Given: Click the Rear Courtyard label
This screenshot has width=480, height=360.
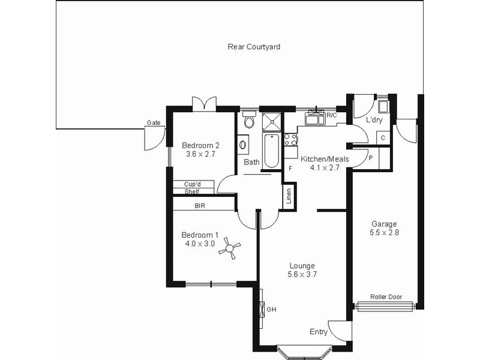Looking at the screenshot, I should pyautogui.click(x=254, y=46).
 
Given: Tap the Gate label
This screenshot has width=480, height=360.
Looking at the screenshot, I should pyautogui.click(x=153, y=123).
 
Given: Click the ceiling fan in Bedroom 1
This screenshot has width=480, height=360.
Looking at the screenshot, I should pyautogui.click(x=229, y=249).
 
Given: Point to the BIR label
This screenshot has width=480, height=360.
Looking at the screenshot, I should pyautogui.click(x=200, y=205).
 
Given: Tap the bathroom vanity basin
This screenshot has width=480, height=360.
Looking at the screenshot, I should pyautogui.click(x=243, y=145).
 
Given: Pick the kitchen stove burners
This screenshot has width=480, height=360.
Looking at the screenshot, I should pyautogui.click(x=290, y=140).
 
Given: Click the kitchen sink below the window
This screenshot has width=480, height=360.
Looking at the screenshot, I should pyautogui.click(x=314, y=119).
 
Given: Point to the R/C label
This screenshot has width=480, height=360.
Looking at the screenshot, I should pyautogui.click(x=332, y=114).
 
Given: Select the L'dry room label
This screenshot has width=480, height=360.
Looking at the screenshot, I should pyautogui.click(x=374, y=120).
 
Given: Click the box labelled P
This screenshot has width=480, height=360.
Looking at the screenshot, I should pyautogui.click(x=371, y=158).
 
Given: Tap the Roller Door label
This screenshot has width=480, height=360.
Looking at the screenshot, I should pyautogui.click(x=386, y=296).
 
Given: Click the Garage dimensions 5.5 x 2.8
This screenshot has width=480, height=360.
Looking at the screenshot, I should pyautogui.click(x=383, y=233).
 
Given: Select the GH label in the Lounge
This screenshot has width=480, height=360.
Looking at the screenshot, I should pyautogui.click(x=271, y=310).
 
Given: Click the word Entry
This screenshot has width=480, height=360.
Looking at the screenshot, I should pyautogui.click(x=319, y=332).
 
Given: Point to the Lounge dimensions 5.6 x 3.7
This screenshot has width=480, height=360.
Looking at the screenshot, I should pyautogui.click(x=302, y=274).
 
